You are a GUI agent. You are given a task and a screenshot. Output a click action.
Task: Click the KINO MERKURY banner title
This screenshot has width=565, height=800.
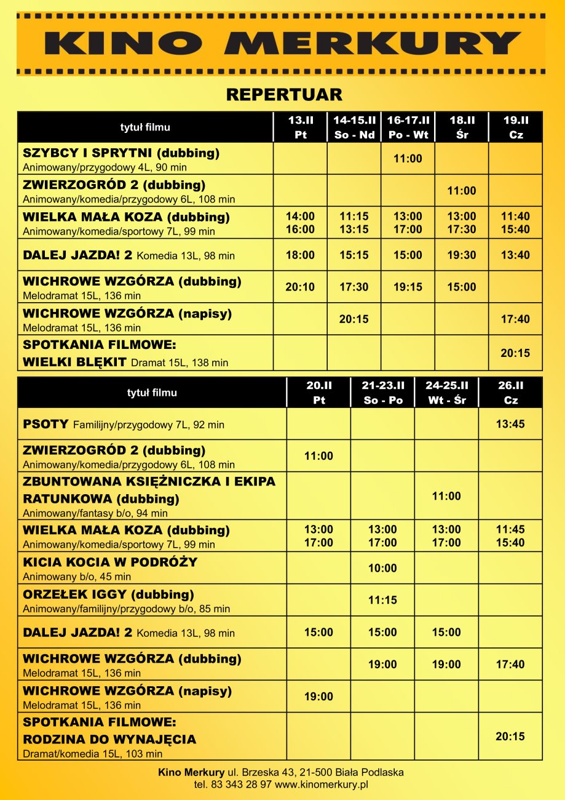(x=282, y=44)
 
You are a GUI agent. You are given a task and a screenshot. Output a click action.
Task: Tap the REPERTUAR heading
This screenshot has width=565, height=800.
(x=284, y=95)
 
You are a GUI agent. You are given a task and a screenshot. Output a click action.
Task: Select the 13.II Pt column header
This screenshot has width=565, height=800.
(x=301, y=127)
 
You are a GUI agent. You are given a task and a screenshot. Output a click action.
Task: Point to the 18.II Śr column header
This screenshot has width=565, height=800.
(x=462, y=127)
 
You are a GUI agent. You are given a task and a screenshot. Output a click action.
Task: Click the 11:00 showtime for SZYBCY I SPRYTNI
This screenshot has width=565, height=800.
(x=408, y=159)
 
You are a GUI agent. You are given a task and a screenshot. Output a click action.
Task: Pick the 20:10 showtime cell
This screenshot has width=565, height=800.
(x=301, y=287)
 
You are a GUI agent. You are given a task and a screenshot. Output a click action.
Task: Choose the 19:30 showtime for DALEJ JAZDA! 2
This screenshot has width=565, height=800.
(x=462, y=255)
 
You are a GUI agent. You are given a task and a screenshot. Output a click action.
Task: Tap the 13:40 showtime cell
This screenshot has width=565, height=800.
(x=515, y=255)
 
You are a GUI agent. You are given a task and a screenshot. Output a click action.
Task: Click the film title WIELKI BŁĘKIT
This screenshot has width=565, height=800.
(x=75, y=362)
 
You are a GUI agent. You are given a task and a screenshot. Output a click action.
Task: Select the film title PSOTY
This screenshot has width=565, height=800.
(x=46, y=424)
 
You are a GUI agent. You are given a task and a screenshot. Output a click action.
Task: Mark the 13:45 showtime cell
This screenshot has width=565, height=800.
(x=510, y=424)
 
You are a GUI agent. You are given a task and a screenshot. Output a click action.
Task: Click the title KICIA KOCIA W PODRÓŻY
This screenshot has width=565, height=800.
(x=110, y=562)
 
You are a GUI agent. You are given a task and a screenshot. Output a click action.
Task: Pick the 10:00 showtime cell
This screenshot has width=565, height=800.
(x=382, y=568)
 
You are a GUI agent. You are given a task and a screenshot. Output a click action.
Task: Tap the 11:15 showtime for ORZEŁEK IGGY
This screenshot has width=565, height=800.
(x=382, y=600)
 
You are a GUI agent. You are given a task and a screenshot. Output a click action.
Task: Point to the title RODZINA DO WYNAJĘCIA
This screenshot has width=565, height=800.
(x=109, y=738)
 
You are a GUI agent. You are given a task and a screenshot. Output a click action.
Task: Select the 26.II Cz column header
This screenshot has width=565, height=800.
(x=510, y=393)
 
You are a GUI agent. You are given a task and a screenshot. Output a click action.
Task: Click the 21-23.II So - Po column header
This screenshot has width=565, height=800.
(x=382, y=393)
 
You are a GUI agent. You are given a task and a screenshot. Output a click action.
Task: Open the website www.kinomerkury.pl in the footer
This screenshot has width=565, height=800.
(x=321, y=785)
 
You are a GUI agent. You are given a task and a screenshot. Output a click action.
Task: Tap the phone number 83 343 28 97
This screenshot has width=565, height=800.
(x=241, y=785)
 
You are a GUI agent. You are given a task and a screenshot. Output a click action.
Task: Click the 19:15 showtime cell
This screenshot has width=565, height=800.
(x=408, y=287)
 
